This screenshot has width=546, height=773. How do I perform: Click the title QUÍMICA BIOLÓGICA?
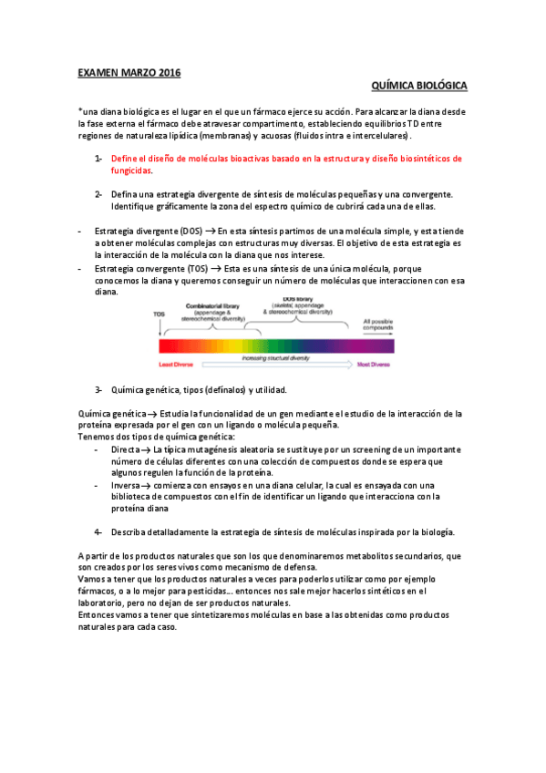tap(420, 86)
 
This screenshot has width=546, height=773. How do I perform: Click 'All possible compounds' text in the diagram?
tap(378, 325)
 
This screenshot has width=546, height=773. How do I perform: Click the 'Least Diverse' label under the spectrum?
tap(178, 363)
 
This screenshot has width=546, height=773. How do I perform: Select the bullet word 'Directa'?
tap(125, 450)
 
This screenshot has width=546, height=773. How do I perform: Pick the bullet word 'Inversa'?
tap(126, 486)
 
